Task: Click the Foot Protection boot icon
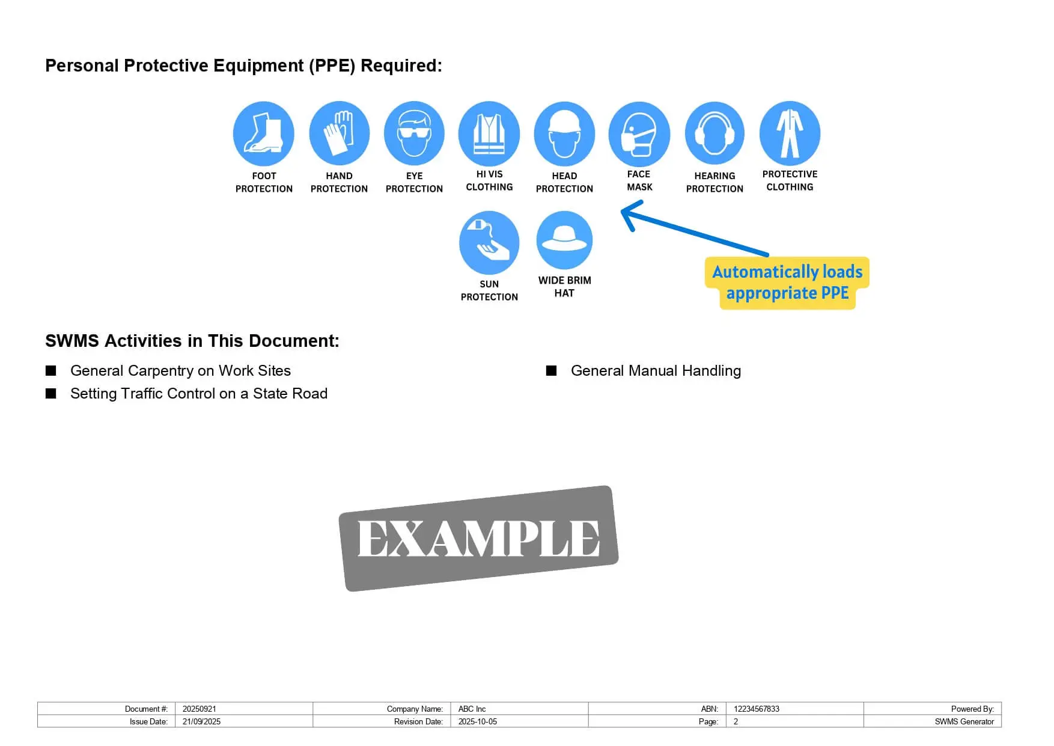pyautogui.click(x=263, y=133)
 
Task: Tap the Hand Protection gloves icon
pyautogui.click(x=339, y=133)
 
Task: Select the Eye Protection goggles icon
pyautogui.click(x=414, y=133)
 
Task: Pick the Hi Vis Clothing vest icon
pyautogui.click(x=489, y=133)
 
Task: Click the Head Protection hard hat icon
pyautogui.click(x=564, y=133)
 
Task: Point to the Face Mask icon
pyautogui.click(x=639, y=133)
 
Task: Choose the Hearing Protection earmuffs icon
pyautogui.click(x=714, y=133)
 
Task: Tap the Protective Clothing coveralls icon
pyautogui.click(x=790, y=133)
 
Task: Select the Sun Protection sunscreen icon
pyautogui.click(x=489, y=242)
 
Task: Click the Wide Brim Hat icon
pyautogui.click(x=564, y=240)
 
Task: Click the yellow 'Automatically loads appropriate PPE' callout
pyautogui.click(x=787, y=283)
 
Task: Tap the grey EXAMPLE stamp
pyautogui.click(x=479, y=538)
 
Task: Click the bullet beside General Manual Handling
pyautogui.click(x=551, y=371)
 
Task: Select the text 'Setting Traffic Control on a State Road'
pyautogui.click(x=199, y=394)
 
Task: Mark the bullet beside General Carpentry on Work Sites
pyautogui.click(x=51, y=371)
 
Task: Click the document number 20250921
pyautogui.click(x=200, y=709)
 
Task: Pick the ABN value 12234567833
pyautogui.click(x=756, y=709)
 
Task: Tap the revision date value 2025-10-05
pyautogui.click(x=478, y=721)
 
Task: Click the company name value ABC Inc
pyautogui.click(x=472, y=709)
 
